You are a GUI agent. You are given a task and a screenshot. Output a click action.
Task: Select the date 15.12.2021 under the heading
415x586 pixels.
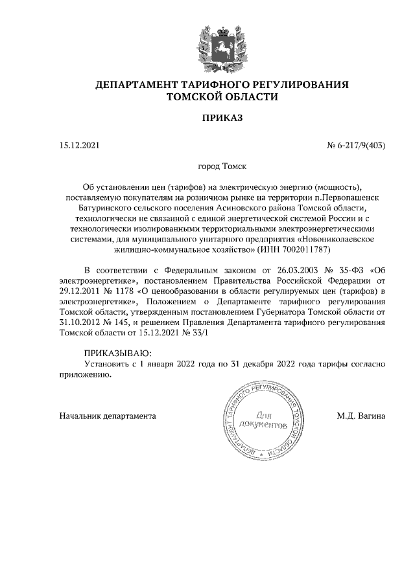pyautogui.click(x=79, y=146)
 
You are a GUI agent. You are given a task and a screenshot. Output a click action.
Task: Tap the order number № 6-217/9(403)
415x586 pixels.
pyautogui.click(x=356, y=146)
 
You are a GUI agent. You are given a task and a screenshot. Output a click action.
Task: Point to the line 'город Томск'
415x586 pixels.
pyautogui.click(x=222, y=166)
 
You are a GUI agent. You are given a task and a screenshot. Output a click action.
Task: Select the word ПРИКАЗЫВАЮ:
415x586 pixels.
pyautogui.click(x=117, y=353)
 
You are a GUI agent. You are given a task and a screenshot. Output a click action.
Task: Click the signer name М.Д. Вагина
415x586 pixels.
pyautogui.click(x=361, y=415)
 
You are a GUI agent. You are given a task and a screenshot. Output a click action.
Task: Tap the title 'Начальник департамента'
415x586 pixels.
pyautogui.click(x=107, y=415)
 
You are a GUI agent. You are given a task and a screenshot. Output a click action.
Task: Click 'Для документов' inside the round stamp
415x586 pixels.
pyautogui.click(x=263, y=420)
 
